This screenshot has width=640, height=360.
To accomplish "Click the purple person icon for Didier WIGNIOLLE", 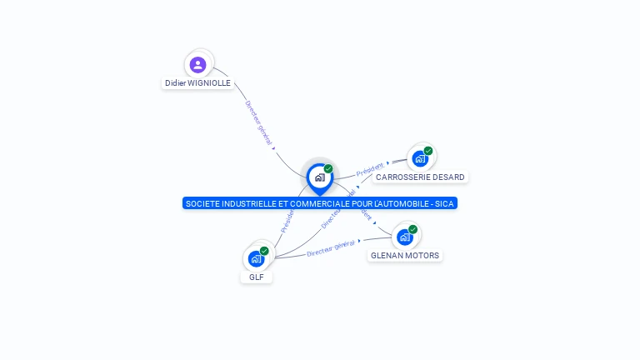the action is click(x=197, y=64).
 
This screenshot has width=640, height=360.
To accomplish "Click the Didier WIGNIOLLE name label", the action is click(x=197, y=83).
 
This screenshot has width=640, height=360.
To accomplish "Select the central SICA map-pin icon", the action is click(x=319, y=177).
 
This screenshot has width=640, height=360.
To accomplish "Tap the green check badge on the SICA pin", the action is click(x=328, y=169).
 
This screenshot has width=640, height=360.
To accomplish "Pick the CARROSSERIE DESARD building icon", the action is click(x=420, y=157).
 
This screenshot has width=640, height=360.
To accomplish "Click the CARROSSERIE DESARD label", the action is click(x=420, y=177).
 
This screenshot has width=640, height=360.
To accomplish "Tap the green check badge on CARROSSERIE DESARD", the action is click(x=428, y=151).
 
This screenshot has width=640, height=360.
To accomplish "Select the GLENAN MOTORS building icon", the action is click(x=405, y=237).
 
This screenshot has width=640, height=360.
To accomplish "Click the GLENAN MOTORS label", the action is click(x=405, y=256).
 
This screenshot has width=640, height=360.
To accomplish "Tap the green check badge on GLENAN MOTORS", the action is click(x=412, y=229).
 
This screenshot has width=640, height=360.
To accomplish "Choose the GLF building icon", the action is click(x=256, y=258).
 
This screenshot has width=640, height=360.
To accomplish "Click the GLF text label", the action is click(x=256, y=277).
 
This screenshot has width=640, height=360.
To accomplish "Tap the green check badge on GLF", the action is click(x=264, y=251).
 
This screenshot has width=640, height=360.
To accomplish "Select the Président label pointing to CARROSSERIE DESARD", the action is click(x=370, y=169).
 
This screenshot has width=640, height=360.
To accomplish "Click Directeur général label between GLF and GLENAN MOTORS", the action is click(x=330, y=247).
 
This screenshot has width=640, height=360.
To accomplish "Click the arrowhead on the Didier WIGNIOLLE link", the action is click(x=274, y=148).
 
